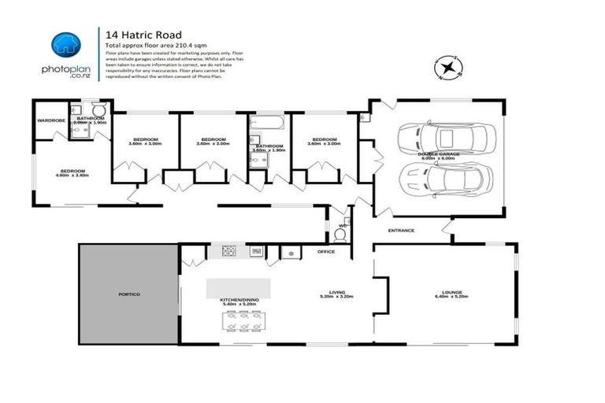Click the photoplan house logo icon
tap(65, 46)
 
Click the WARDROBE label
tap(50, 120)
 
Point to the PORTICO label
tap(128, 294)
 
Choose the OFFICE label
tap(325, 251)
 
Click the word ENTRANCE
tap(401, 230)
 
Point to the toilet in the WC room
tap(340, 234)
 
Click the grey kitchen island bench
tap(238, 287)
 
